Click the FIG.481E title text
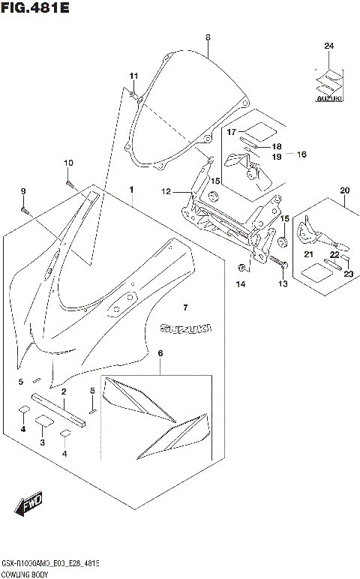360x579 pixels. [x=35, y=10]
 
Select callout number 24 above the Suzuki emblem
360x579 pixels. [x=328, y=46]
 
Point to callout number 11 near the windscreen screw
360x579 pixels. [x=133, y=76]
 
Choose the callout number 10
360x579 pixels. [x=68, y=163]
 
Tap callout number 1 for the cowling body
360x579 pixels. [x=131, y=190]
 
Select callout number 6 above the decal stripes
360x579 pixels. [x=160, y=352]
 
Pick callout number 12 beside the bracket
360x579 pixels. [x=166, y=192]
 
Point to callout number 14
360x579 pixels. [x=241, y=284]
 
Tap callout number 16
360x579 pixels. [x=301, y=154]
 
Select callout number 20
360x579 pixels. [x=344, y=190]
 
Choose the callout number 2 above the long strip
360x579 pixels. [x=64, y=391]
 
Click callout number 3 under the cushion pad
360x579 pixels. [x=43, y=443]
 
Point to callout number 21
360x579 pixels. [x=308, y=255]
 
